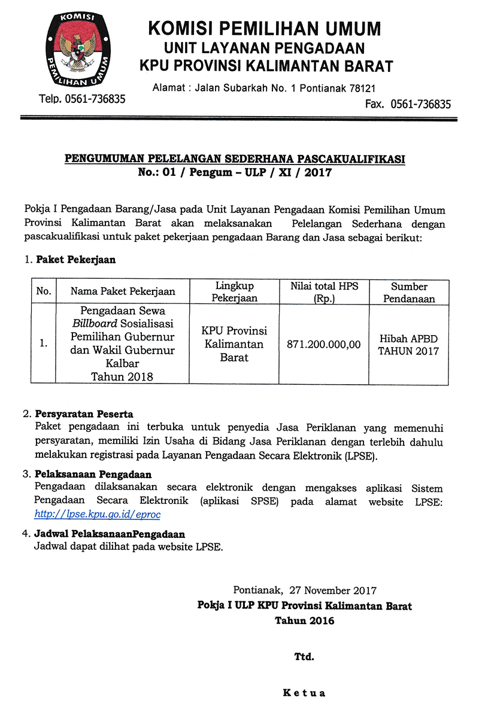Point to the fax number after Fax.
[x=420, y=104]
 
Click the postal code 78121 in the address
[x=362, y=88]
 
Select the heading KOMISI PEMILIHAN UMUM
[x=264, y=29]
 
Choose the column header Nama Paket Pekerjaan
[x=123, y=291]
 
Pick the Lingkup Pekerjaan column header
[x=234, y=292]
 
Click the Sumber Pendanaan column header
[x=409, y=292]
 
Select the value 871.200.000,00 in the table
[x=323, y=344]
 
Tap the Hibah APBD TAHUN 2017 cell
[x=409, y=344]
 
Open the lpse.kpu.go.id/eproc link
[x=97, y=514]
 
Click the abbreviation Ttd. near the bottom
[x=304, y=656]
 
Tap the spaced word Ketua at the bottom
[x=304, y=693]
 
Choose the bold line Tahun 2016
[x=304, y=620]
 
